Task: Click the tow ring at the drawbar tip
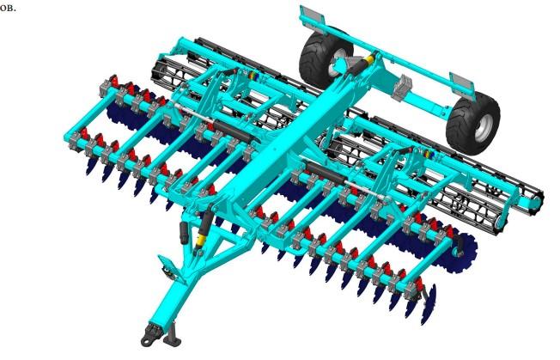point(146,342)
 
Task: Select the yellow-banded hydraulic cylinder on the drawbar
point(204,229)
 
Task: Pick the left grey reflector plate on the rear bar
point(312,16)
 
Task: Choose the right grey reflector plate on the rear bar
point(463,83)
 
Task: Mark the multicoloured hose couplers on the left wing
point(253,76)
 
